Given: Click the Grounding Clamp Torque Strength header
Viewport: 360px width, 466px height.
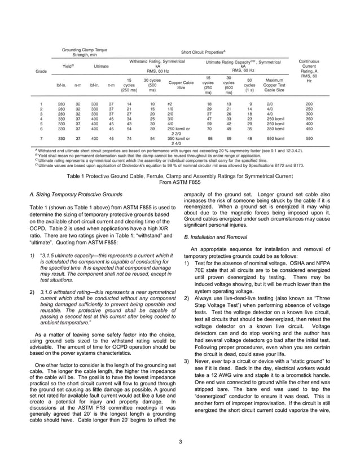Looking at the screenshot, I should coord(85,52).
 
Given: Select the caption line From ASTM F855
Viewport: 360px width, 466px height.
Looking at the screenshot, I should coord(180,182).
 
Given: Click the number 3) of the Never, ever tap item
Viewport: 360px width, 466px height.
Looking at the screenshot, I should coord(187,361).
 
